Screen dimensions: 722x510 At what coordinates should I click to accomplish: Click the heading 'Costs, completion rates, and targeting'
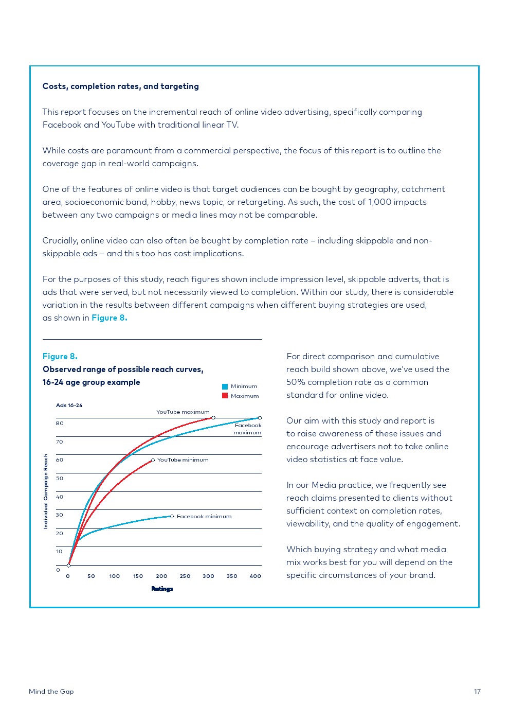click(x=120, y=86)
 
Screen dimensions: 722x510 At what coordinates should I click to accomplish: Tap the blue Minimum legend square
click(x=225, y=386)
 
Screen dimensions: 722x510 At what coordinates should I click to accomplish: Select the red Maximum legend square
click(x=225, y=396)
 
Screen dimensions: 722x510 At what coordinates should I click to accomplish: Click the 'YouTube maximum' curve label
click(x=183, y=412)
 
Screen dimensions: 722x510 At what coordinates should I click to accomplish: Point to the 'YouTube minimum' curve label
click(x=183, y=460)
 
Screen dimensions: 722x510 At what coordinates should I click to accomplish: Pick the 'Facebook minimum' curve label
click(x=204, y=517)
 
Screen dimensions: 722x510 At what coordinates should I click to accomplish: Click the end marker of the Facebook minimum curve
click(x=172, y=516)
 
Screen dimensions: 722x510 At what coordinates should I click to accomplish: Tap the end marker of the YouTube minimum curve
click(x=153, y=460)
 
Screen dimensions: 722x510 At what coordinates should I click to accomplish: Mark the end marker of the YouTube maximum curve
click(x=213, y=418)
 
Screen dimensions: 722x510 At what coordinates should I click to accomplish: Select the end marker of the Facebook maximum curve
click(x=260, y=418)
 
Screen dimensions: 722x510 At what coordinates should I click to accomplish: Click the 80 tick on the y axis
click(x=60, y=424)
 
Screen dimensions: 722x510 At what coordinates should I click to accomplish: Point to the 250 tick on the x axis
click(x=185, y=576)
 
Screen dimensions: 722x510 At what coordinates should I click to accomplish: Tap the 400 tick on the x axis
click(x=256, y=576)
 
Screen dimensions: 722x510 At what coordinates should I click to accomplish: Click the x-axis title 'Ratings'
click(x=162, y=589)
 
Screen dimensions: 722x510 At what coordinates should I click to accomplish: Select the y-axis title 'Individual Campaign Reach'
click(x=46, y=491)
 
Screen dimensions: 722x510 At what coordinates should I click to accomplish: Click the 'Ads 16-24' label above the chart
click(x=69, y=406)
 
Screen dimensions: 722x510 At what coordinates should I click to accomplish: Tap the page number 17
click(x=477, y=692)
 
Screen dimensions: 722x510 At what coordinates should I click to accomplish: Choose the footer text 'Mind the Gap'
click(x=51, y=692)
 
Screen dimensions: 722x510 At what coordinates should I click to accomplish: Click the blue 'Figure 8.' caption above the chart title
click(x=60, y=357)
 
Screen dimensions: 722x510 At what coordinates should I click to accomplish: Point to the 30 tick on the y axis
click(x=60, y=515)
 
